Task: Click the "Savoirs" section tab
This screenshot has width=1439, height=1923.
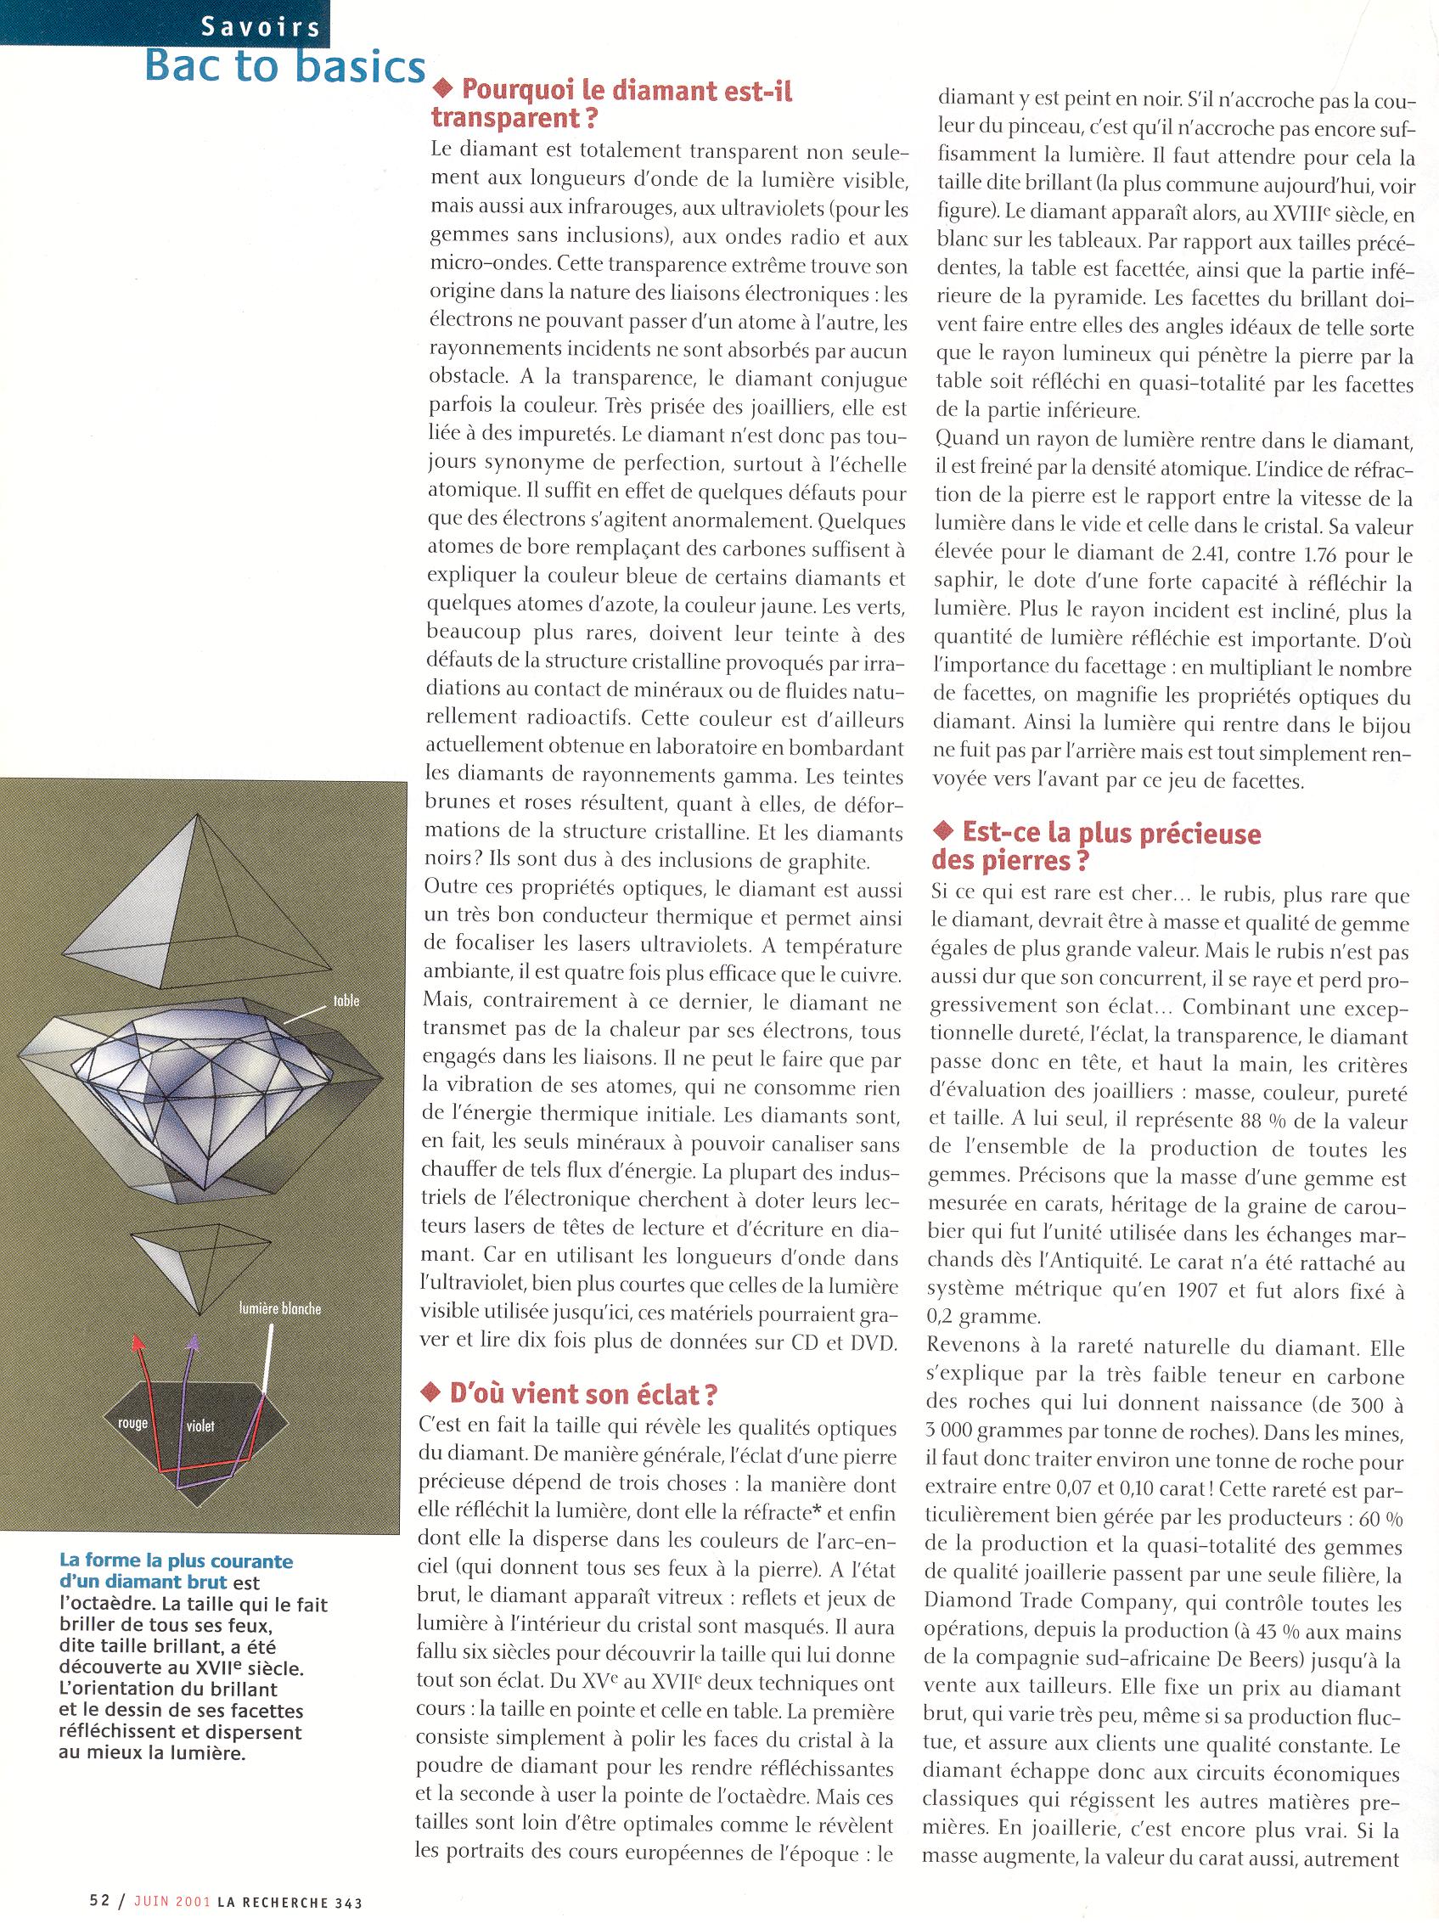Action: [x=260, y=28]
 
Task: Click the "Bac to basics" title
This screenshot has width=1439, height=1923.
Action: [x=284, y=67]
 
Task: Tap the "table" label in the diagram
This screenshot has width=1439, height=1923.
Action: [x=346, y=1002]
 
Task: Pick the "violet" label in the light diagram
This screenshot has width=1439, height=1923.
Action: [x=200, y=1426]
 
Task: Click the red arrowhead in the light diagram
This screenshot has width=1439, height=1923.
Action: [x=136, y=1342]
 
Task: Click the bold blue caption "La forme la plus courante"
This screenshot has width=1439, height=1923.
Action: [x=176, y=1561]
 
